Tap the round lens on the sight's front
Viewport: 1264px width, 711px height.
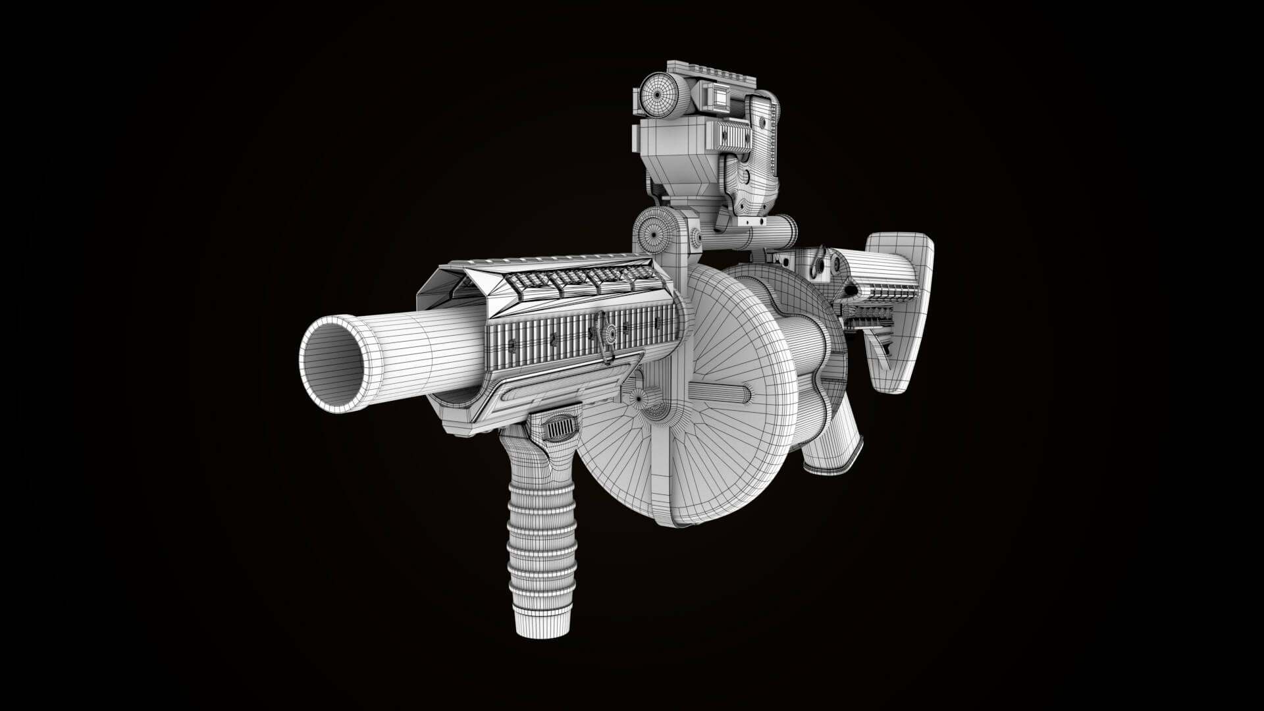(659, 96)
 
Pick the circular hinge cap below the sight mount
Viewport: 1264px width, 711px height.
(654, 230)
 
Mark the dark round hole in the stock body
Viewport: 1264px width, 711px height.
(851, 289)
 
